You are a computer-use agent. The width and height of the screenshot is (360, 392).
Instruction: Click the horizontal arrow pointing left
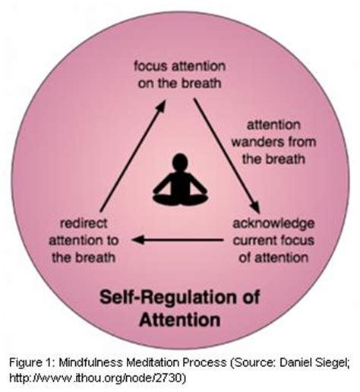click(x=179, y=241)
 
